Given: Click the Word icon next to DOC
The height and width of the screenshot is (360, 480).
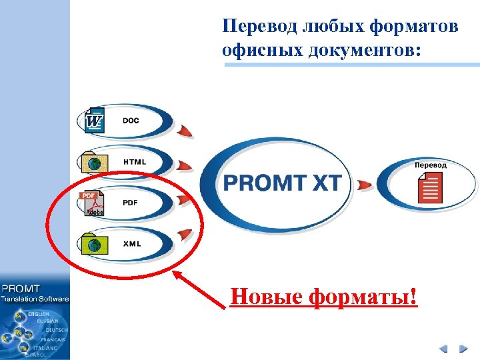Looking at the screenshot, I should (x=95, y=120).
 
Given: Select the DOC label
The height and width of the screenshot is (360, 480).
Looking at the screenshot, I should (x=131, y=121).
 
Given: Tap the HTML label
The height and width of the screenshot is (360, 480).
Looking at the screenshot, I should (x=135, y=162).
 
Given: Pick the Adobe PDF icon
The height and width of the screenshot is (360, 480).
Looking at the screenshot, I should (x=93, y=203).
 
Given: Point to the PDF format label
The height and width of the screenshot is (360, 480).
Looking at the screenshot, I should (x=131, y=203).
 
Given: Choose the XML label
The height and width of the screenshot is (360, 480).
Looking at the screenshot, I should (x=132, y=244).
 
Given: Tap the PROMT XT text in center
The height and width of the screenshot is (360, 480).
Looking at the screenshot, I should (x=282, y=183).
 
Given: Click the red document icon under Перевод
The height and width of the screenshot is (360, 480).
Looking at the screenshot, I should (x=431, y=187).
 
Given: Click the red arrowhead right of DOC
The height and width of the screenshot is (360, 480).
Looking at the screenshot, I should (x=185, y=130).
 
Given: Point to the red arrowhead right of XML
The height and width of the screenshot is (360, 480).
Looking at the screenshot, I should (x=185, y=234).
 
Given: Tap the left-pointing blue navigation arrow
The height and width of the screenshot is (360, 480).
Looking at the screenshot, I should (x=443, y=348).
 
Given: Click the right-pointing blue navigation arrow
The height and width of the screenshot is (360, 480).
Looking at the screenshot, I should (x=463, y=348).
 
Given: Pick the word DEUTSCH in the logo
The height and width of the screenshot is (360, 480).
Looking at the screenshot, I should (x=56, y=330).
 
